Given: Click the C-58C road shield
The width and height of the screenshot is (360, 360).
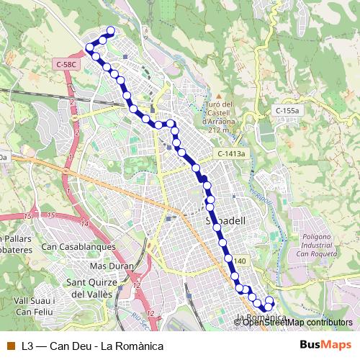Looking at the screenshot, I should pyautogui.click(x=66, y=65).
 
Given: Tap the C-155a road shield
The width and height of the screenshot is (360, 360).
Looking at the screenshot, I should pyautogui.click(x=287, y=110).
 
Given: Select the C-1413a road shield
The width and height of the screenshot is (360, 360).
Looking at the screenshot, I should pyautogui.click(x=231, y=154).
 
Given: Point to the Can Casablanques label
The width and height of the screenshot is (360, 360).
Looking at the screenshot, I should pyautogui.click(x=78, y=246).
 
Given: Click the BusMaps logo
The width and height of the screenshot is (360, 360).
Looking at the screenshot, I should pyautogui.click(x=325, y=345).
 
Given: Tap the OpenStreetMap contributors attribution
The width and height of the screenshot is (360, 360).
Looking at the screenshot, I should pyautogui.click(x=297, y=322).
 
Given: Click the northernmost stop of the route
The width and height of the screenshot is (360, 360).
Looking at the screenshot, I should pyautogui.click(x=111, y=30).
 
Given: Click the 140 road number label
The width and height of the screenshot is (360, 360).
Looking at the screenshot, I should pyautogui.click(x=240, y=261).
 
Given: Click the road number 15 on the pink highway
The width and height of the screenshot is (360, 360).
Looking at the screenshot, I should pyautogui.click(x=50, y=215).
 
